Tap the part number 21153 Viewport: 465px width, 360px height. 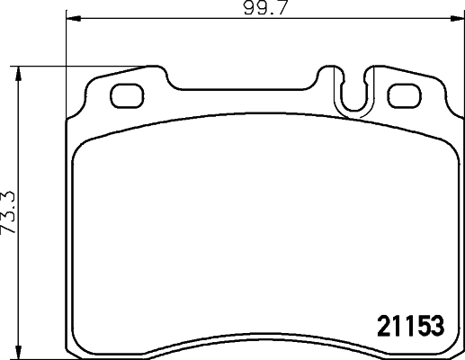(x=409, y=324)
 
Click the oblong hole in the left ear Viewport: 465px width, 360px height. (x=125, y=93)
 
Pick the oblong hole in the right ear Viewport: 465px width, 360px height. (x=403, y=93)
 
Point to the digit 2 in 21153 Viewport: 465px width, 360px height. (x=380, y=324)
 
